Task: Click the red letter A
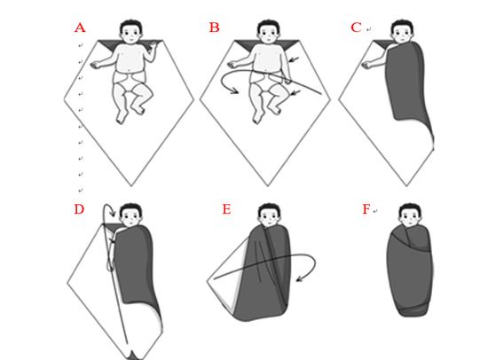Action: pos(80,27)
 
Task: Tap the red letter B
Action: pos(214,27)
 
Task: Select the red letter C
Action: pos(356,27)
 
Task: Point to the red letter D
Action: pos(79,209)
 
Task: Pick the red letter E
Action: pos(226,209)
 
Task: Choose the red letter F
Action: pos(366,209)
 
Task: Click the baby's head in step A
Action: pos(131,31)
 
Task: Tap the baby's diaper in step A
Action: pos(129,82)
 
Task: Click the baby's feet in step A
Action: pos(130,114)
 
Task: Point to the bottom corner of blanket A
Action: pos(131,186)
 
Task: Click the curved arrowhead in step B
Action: pos(234,90)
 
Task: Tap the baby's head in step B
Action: pos(268,31)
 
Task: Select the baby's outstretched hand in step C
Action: pos(367,65)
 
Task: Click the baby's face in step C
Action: pos(403,35)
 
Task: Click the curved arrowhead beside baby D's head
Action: pos(113,214)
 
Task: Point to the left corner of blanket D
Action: pos(67,283)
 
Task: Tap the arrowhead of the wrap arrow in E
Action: pos(299,278)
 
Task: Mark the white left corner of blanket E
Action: pos(208,282)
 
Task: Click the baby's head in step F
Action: pos(410,215)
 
